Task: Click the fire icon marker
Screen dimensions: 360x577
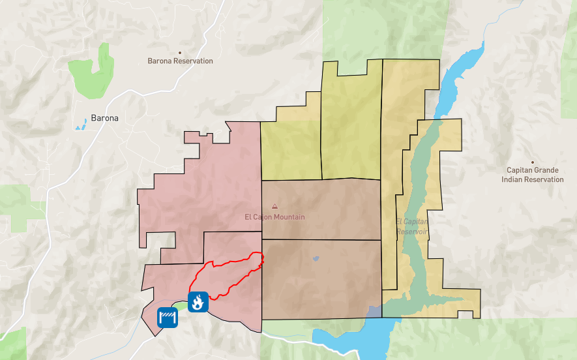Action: (x=198, y=301)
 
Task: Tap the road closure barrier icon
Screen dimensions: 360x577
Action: (x=168, y=318)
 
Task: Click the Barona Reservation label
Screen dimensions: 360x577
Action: (x=181, y=61)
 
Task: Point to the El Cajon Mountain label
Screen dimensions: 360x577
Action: (x=274, y=217)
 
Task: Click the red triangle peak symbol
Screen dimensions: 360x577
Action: (x=274, y=205)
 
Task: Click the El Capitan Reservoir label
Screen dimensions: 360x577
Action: (x=411, y=226)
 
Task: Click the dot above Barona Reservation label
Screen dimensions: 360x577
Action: (x=181, y=52)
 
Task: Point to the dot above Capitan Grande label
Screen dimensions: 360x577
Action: (x=533, y=162)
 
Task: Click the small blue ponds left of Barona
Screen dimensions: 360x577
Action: (x=80, y=125)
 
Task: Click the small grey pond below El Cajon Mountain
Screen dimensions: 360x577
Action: (x=316, y=258)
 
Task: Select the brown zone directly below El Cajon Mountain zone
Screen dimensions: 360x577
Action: (x=321, y=280)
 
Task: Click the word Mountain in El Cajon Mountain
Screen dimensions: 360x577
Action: (x=289, y=217)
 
